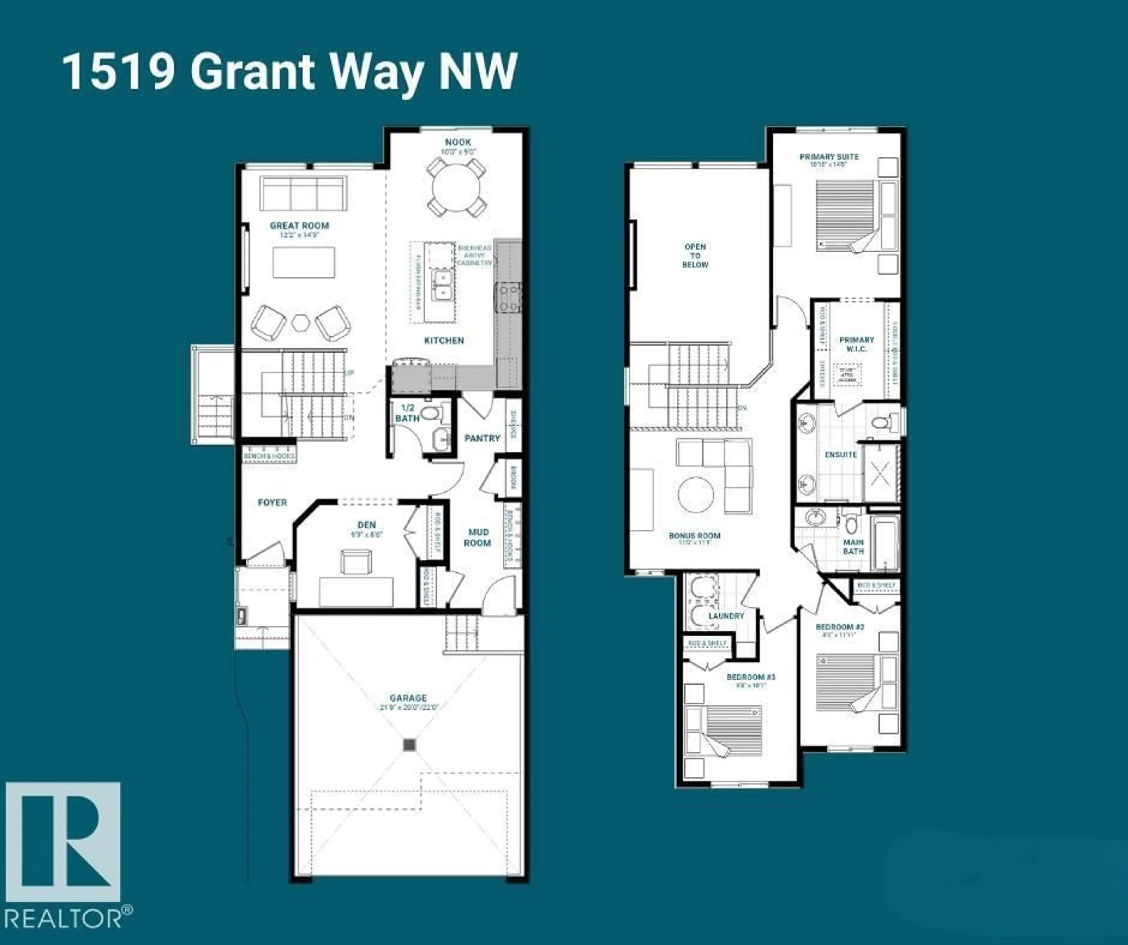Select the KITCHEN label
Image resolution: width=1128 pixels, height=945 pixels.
pos(444,341)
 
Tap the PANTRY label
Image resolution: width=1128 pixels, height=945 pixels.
pos(482,438)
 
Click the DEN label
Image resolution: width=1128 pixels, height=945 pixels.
pos(367,525)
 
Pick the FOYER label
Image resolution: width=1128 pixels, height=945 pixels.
pos(272,503)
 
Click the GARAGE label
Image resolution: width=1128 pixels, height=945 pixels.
pos(408,698)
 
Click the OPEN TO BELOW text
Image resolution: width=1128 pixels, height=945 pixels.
pos(695,256)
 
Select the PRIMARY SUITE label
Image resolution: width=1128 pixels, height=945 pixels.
pos(829,157)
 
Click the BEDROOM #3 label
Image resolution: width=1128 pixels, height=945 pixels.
pos(751,677)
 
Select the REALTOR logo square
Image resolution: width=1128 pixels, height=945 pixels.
pos(63,841)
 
